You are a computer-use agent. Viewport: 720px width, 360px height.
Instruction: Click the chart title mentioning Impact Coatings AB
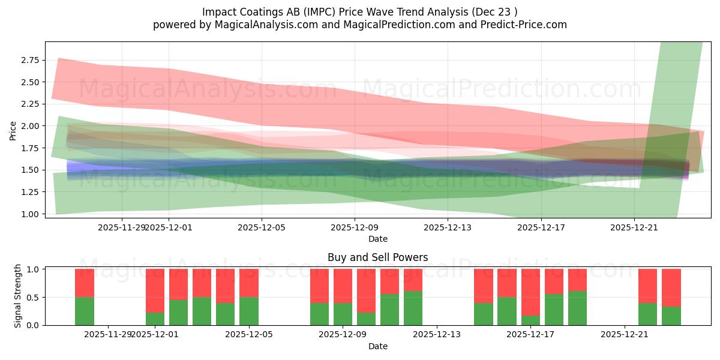[x=359, y=12]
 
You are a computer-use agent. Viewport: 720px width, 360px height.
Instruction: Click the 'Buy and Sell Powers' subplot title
[x=377, y=257]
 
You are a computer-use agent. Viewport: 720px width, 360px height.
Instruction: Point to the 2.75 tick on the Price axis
[x=30, y=60]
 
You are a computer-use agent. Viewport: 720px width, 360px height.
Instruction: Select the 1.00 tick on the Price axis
[x=30, y=214]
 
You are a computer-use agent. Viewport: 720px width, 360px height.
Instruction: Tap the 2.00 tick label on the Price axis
[x=30, y=126]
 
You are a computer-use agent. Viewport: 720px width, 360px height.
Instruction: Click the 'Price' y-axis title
[x=13, y=130]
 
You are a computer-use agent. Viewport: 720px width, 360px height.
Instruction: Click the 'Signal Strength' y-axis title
[x=18, y=296]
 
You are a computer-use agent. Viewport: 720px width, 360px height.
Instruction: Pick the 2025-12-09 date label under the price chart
[x=355, y=227]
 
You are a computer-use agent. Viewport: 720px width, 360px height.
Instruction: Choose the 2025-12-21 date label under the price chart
[x=634, y=227]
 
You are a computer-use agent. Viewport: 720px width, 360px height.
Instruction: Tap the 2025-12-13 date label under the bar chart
[x=436, y=335]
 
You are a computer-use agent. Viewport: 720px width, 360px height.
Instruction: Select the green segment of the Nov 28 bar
[x=85, y=311]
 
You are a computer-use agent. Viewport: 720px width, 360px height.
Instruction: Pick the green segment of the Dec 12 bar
[x=413, y=308]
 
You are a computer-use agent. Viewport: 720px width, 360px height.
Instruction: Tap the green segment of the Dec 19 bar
[x=577, y=308]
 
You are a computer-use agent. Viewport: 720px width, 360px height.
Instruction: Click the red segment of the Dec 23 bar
[x=671, y=287]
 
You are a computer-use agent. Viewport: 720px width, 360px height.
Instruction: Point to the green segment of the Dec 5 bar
[x=248, y=311]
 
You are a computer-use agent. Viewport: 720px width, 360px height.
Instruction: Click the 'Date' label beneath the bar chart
[x=377, y=346]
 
